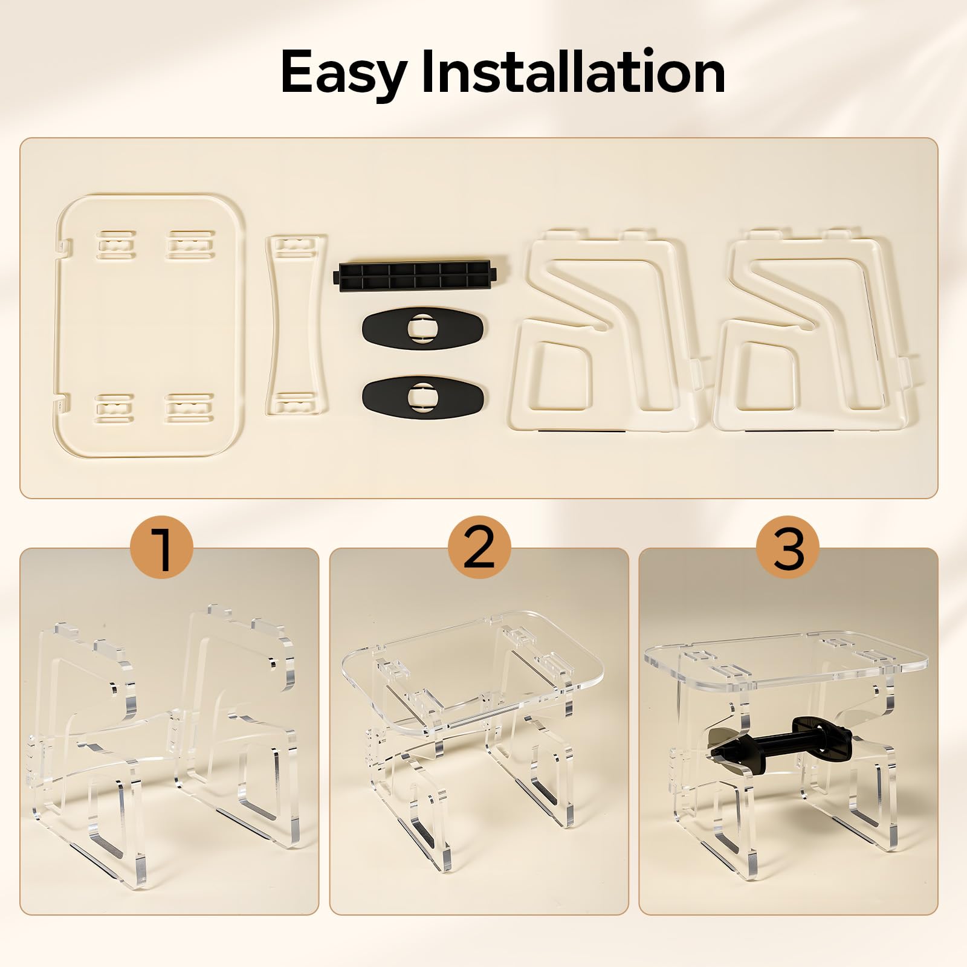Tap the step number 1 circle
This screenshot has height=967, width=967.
(163, 550)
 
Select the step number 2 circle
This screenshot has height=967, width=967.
(479, 550)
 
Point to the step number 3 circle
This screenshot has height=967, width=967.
(789, 550)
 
